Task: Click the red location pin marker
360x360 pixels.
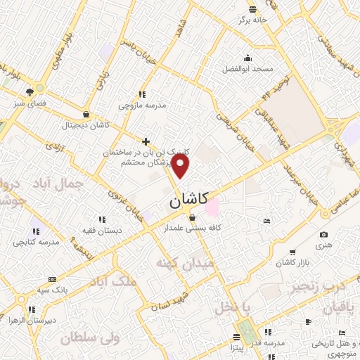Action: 181,166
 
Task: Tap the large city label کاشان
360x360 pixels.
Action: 193,201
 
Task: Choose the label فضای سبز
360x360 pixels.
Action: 29,102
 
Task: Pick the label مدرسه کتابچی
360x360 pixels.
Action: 34,242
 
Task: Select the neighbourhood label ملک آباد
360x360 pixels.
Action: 112,281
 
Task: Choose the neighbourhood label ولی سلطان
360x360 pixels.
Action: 91,338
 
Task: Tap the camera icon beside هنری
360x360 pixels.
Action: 323,235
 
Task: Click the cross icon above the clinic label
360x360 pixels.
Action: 146,141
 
